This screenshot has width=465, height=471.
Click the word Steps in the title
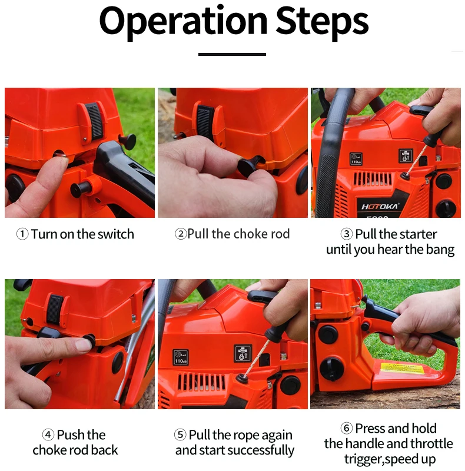(322, 22)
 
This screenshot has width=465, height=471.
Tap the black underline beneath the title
(232, 54)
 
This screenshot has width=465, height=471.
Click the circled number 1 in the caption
(22, 234)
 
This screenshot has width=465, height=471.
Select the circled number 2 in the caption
(181, 234)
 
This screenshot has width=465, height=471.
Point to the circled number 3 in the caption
(346, 234)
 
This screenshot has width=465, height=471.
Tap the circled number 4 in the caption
(48, 434)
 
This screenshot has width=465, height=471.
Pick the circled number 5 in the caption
(180, 434)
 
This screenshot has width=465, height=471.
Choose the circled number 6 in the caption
(346, 428)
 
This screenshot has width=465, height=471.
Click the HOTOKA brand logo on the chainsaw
(380, 207)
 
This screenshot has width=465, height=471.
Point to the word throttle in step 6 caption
(431, 444)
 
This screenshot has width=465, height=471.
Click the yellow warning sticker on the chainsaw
(402, 369)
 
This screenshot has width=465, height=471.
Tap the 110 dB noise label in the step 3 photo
(356, 159)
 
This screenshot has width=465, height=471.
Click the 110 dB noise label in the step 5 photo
(181, 357)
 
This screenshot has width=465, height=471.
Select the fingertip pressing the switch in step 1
(60, 160)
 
